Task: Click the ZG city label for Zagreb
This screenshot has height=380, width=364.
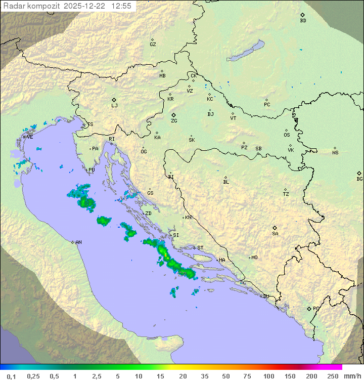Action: (174, 121)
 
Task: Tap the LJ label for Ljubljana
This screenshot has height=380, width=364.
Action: (114, 106)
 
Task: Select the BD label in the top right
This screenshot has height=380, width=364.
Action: (303, 21)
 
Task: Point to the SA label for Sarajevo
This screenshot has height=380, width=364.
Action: (275, 234)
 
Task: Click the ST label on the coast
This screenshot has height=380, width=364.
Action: (200, 248)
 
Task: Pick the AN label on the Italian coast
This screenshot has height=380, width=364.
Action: (78, 242)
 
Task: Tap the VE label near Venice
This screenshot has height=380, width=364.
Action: (30, 137)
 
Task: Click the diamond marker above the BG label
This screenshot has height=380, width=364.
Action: (359, 173)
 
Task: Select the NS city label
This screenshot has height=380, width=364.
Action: (335, 153)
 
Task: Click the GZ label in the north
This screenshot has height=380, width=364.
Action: (153, 45)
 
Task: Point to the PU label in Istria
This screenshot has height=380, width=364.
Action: (92, 170)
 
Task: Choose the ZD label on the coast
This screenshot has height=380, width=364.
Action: (148, 214)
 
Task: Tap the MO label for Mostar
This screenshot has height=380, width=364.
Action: (254, 258)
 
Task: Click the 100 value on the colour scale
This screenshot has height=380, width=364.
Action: (268, 376)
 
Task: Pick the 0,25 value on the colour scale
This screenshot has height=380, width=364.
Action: (33, 376)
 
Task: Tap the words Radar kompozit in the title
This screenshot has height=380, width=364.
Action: (32, 6)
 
